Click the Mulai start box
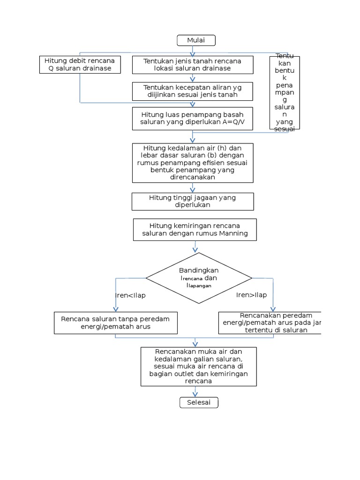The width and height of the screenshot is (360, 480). point(196,40)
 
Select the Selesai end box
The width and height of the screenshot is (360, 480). point(199,403)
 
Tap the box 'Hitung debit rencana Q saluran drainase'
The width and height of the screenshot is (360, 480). point(80,65)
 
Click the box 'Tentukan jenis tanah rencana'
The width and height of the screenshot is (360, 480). point(192,65)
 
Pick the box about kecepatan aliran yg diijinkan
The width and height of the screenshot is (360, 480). point(192,91)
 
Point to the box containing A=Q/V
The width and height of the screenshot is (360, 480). point(192,118)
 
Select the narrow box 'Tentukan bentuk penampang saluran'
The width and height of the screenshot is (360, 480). point(285,92)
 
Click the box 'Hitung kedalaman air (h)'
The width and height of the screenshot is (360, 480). point(193,163)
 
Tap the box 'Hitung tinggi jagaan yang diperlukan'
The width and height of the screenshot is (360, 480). point(193,201)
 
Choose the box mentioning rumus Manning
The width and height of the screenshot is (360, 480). point(195,229)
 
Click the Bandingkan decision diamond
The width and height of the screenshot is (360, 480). point(199,278)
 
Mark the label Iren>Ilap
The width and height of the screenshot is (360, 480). point(251,295)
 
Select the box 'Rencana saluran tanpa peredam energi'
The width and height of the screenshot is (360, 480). point(115,322)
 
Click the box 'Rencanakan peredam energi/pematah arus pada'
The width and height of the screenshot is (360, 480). point(270,322)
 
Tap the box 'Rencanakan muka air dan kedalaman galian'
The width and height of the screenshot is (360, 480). point(199,366)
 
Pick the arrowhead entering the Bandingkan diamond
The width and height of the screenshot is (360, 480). point(195,249)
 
